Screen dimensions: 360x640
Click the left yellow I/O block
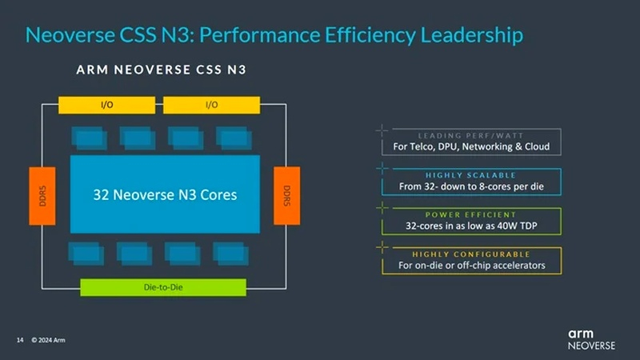[x=106, y=105]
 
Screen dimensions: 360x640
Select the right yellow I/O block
[x=211, y=105]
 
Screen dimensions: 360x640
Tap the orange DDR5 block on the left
[x=42, y=195]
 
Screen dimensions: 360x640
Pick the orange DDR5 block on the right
[x=286, y=195]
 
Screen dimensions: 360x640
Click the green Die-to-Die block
[x=162, y=286]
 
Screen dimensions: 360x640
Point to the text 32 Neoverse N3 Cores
[x=166, y=194]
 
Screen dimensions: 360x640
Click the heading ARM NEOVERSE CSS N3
[x=161, y=70]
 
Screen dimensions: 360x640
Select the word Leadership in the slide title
[x=466, y=35]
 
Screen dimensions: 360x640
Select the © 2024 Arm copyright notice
[x=48, y=340]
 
